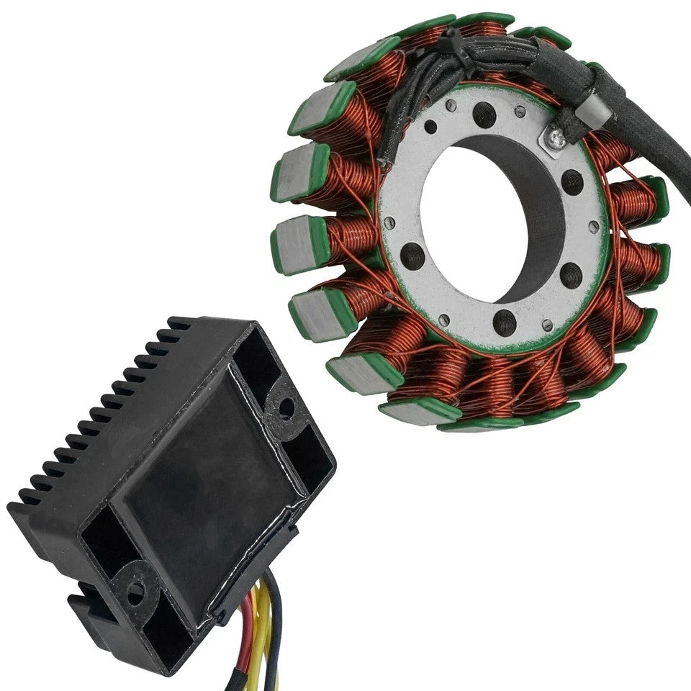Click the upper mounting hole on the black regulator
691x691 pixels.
286,408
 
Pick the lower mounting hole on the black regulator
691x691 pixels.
134,592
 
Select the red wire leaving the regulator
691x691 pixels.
248,633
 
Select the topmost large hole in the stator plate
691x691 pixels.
484,114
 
